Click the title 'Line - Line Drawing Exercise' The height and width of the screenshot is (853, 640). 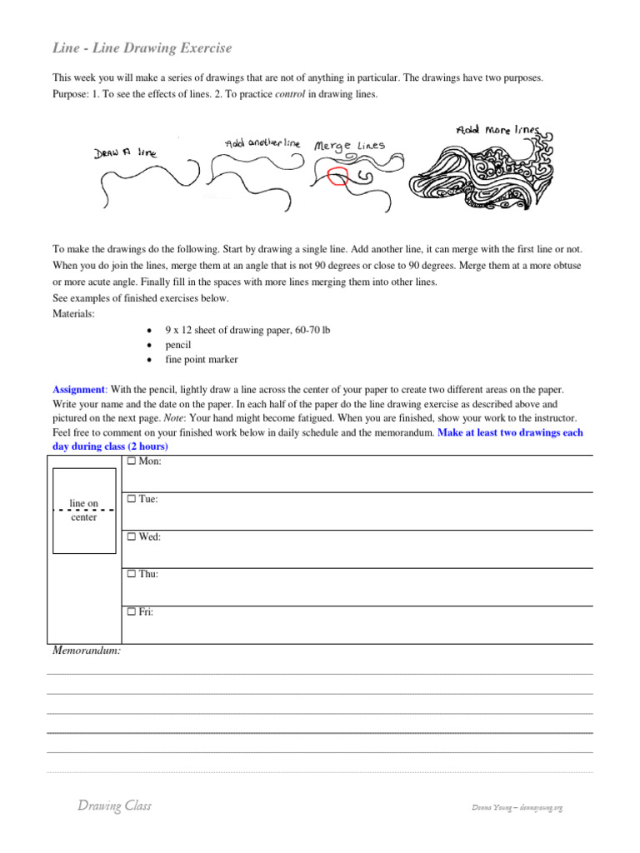click(x=142, y=48)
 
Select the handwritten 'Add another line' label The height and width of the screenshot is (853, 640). click(x=262, y=143)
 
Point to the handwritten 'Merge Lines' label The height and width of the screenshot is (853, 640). click(x=349, y=146)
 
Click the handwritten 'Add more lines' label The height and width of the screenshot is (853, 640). click(x=497, y=131)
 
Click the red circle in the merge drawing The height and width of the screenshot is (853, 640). click(x=338, y=177)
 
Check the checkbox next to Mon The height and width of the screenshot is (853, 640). click(x=131, y=461)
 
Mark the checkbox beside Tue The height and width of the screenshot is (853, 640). click(x=131, y=499)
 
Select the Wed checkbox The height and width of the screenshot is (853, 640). click(x=131, y=537)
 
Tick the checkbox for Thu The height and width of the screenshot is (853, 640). click(x=131, y=575)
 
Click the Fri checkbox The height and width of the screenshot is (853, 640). click(x=131, y=612)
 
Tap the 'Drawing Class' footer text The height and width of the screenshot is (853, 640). click(x=114, y=806)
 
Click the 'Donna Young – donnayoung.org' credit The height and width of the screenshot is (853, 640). click(x=517, y=808)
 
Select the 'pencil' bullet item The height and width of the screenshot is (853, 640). click(x=178, y=345)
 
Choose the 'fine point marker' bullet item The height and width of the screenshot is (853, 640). click(x=201, y=360)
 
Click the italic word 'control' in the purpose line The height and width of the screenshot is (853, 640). click(x=290, y=94)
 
